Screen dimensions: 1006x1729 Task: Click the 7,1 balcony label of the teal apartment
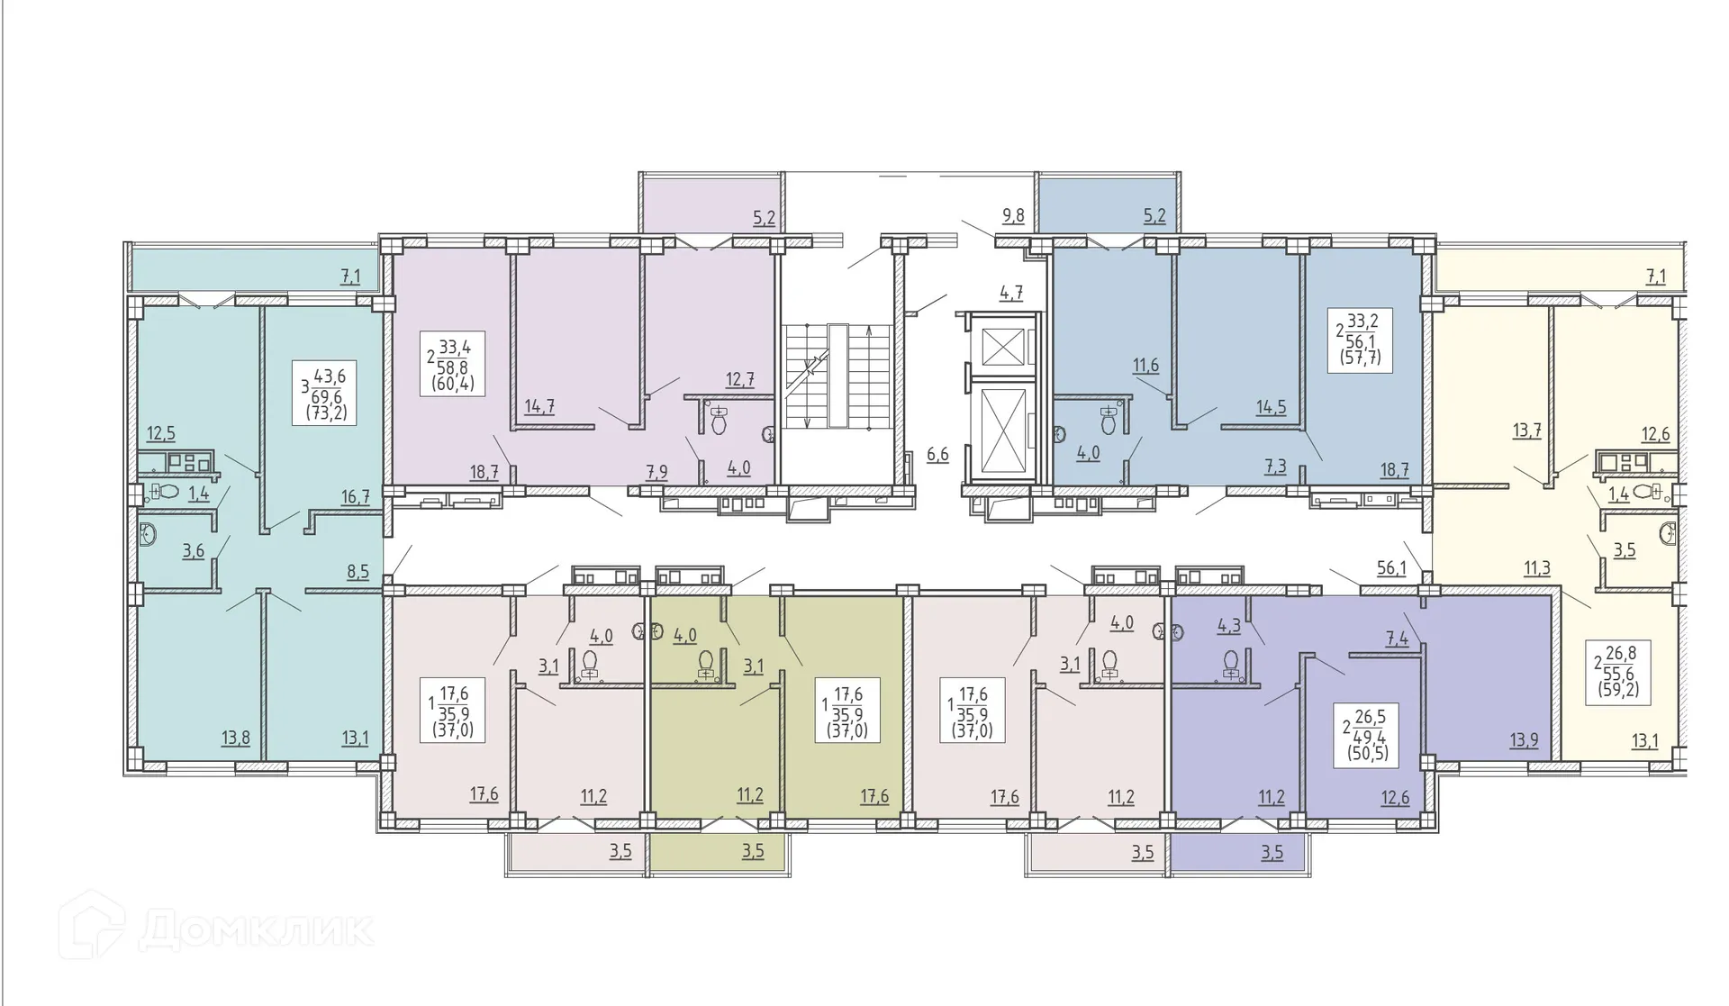click(350, 276)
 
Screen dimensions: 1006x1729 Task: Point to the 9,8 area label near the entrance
click(1013, 215)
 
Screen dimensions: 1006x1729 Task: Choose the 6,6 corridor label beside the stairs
click(937, 454)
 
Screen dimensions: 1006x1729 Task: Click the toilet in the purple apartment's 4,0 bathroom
click(719, 419)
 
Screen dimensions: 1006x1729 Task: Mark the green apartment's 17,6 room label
click(874, 796)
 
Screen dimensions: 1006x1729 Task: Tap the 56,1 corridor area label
click(1391, 567)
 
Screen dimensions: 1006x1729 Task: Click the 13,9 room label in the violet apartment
click(1524, 740)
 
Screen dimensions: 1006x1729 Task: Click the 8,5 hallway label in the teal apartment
click(358, 571)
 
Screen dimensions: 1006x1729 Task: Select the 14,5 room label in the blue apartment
click(1271, 407)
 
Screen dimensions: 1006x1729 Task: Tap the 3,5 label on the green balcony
click(753, 851)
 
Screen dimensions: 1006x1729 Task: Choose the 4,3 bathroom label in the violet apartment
click(1229, 627)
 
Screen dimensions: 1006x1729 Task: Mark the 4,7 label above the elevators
click(1011, 292)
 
